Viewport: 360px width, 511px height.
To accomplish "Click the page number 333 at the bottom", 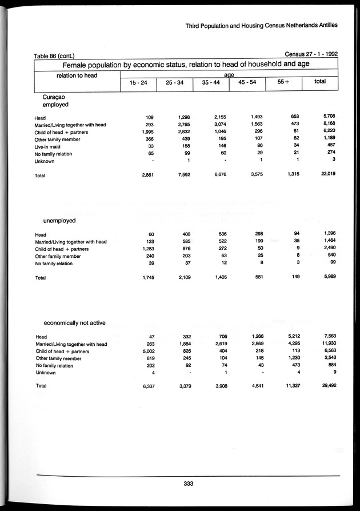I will click(x=190, y=484).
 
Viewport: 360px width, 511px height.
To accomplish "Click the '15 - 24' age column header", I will click(x=138, y=82).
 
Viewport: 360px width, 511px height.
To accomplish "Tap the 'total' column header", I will click(x=320, y=82).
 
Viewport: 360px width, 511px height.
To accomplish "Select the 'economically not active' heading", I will click(x=74, y=323).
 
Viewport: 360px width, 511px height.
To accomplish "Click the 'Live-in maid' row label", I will click(x=50, y=146).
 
